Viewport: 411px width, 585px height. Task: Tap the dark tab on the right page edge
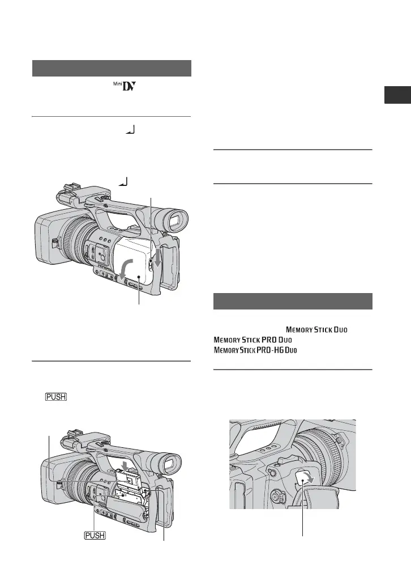397,95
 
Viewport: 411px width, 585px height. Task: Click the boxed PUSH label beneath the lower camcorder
96,535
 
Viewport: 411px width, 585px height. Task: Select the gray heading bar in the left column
112,68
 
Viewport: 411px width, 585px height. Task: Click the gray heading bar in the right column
293,301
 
